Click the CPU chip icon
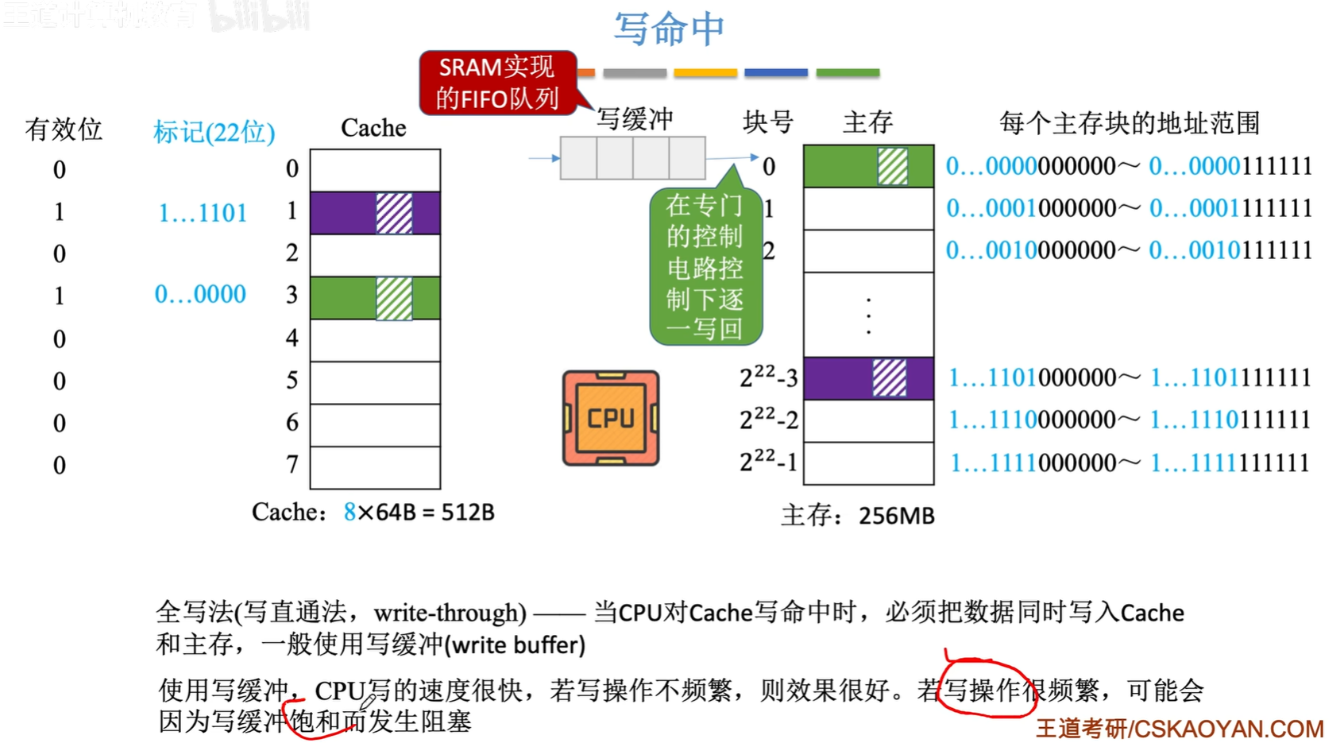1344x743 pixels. pos(610,418)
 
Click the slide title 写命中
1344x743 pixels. pos(669,29)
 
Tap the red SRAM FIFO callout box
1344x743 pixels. pos(498,83)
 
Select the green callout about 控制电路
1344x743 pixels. pos(705,267)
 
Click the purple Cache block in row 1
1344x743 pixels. pos(375,213)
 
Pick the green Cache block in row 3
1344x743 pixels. pos(375,298)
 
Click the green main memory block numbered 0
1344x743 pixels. pos(868,166)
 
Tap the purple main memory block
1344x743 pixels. pos(868,377)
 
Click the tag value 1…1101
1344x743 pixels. pos(203,213)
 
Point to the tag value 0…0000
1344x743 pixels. pos(200,295)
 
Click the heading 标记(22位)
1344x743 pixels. pos(214,131)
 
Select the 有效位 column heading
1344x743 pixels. pos(64,129)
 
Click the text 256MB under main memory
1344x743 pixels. pos(896,516)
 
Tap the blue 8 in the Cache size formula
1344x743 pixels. pos(350,513)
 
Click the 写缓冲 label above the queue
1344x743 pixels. pos(635,119)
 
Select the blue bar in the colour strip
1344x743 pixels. pos(776,72)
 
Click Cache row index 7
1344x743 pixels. pos(292,464)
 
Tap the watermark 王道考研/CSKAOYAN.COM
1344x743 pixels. pos(1180,729)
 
